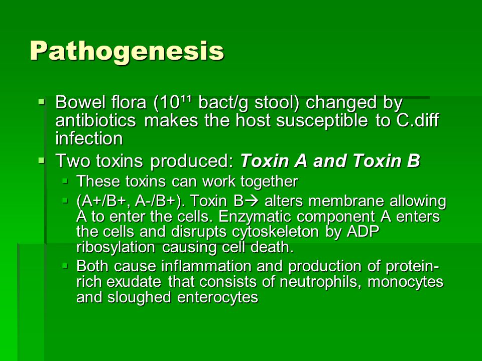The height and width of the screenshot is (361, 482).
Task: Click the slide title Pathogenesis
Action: (127, 51)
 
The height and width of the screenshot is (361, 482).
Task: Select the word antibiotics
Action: (95, 120)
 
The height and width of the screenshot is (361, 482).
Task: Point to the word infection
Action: (89, 138)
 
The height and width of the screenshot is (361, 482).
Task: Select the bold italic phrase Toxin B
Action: (387, 160)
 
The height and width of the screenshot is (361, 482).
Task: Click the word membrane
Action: (346, 201)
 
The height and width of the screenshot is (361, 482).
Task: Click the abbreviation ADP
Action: (363, 232)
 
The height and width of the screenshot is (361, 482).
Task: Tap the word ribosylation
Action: (115, 247)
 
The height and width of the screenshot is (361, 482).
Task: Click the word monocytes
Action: (406, 282)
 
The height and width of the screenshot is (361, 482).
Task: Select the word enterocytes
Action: (217, 297)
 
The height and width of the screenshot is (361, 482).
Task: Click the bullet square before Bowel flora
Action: (42, 101)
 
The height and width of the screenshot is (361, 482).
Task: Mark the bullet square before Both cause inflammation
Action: (65, 266)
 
